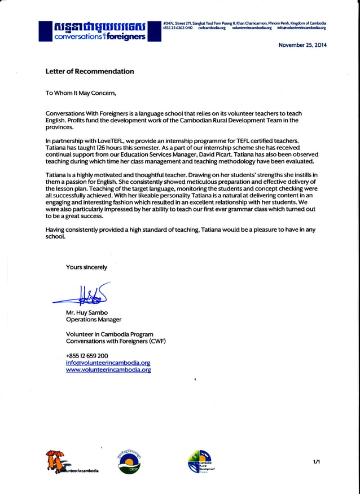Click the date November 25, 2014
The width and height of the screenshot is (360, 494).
click(x=302, y=45)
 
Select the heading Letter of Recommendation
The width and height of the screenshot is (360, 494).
click(x=90, y=72)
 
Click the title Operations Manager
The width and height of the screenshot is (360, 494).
click(x=94, y=320)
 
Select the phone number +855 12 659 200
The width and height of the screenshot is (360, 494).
click(x=87, y=356)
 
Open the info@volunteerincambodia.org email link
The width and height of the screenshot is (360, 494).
click(x=108, y=363)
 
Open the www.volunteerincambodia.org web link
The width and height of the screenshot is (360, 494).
click(x=108, y=370)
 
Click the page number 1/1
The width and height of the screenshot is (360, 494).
click(x=317, y=462)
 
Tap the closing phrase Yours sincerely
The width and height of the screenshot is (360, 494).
click(x=86, y=267)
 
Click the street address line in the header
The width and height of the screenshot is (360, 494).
click(x=244, y=22)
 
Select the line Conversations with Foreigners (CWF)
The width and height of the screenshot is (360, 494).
click(x=116, y=341)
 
